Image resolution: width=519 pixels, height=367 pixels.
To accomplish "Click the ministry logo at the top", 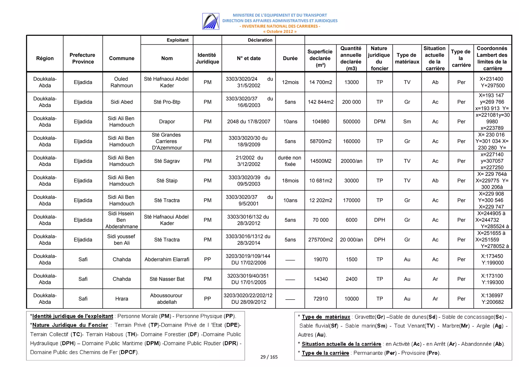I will tap(211, 21).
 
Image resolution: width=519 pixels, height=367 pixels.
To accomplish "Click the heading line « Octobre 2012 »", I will tap(280, 31).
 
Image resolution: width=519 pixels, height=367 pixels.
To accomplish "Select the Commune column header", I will tap(122, 58).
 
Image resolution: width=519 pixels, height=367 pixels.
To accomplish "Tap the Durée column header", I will tap(290, 58).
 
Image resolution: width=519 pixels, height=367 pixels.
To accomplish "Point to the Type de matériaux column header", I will tap(407, 58).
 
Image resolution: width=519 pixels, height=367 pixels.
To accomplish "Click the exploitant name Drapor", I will tap(167, 122).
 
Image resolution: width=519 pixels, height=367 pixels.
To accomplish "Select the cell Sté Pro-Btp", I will tap(167, 102).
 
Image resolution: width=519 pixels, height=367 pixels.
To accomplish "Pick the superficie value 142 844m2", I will tap(321, 102).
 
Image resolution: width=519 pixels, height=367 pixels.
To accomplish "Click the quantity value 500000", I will tap(351, 122).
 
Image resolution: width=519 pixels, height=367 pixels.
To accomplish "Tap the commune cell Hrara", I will tap(122, 299).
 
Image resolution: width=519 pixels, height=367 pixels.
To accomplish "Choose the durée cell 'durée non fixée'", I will tap(290, 161).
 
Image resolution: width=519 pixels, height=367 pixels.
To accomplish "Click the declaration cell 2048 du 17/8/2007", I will tap(249, 122).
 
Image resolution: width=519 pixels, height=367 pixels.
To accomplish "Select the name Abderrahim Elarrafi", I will tap(167, 260).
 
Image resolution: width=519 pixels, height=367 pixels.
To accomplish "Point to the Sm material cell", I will tap(407, 122).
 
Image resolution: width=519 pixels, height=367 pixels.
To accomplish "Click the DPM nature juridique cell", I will tap(379, 122).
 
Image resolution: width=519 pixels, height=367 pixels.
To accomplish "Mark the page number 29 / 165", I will tap(269, 357).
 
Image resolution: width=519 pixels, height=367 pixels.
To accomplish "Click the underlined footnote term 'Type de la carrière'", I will tap(325, 353).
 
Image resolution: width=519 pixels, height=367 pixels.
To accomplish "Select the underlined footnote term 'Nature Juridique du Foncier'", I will tap(70, 325).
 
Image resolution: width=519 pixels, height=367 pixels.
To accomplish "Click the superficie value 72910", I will tap(321, 299).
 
